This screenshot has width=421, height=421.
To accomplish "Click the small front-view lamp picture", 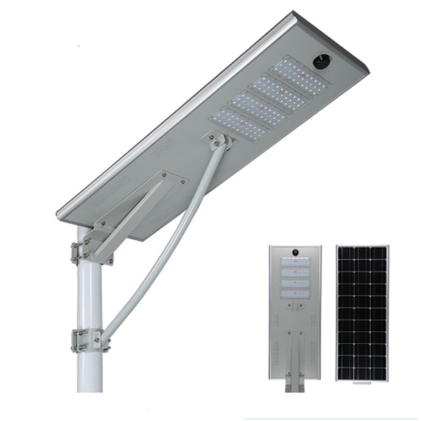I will coord(295,312).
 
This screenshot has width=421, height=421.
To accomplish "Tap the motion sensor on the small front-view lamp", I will coord(295,251).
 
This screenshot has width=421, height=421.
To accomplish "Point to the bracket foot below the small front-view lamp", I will coord(295,386).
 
